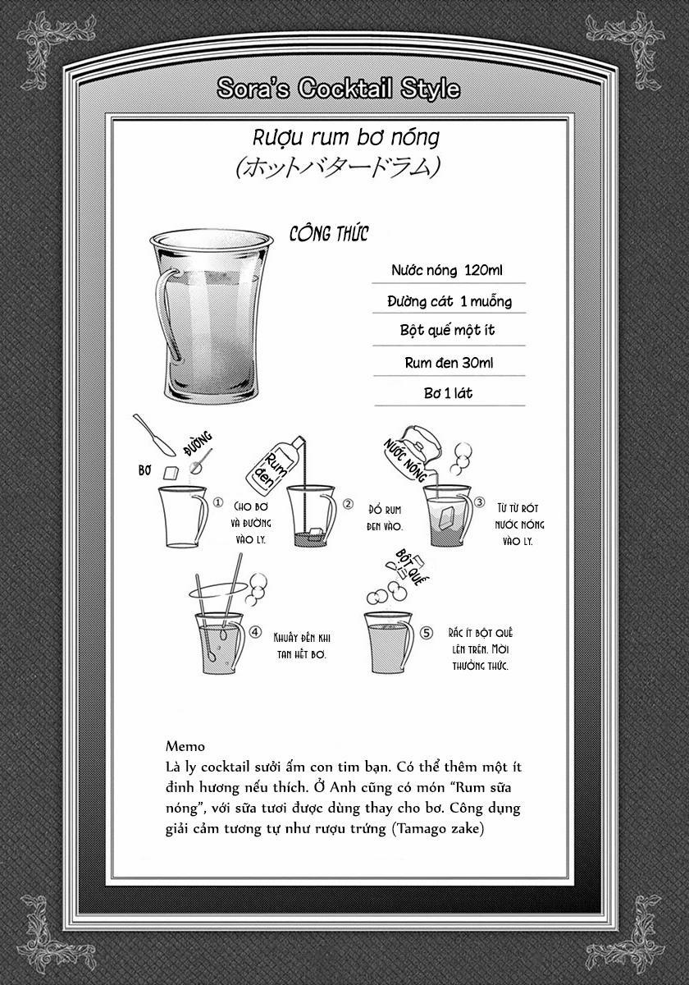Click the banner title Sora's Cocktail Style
tap(338, 89)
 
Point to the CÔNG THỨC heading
tap(329, 234)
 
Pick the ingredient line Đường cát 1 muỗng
tap(449, 301)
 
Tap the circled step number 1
tap(217, 502)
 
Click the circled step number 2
tap(348, 504)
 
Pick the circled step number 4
tap(255, 633)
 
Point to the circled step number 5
tap(425, 633)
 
